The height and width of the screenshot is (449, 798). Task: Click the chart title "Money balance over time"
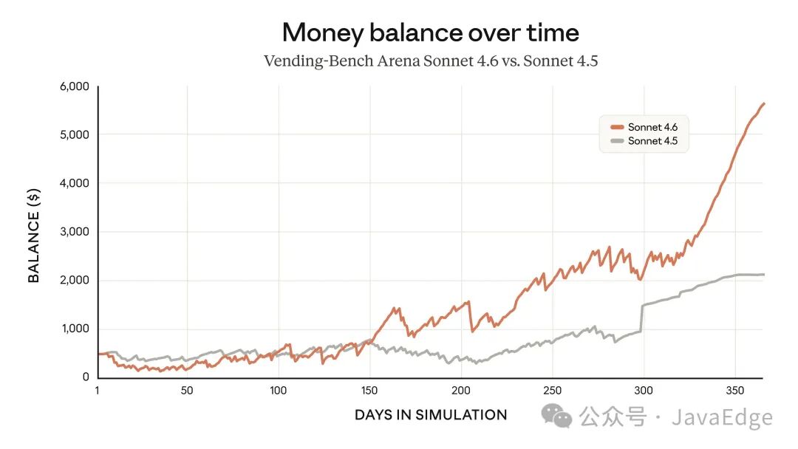pyautogui.click(x=430, y=32)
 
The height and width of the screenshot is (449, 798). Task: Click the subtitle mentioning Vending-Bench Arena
pyautogui.click(x=430, y=61)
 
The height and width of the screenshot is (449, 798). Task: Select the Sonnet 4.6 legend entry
pyautogui.click(x=652, y=127)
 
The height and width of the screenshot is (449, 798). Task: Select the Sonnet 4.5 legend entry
pyautogui.click(x=652, y=141)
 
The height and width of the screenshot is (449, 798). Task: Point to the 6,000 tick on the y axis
pyautogui.click(x=74, y=86)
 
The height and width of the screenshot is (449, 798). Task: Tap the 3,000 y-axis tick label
pyautogui.click(x=74, y=232)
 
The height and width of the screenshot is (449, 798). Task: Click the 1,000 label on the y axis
pyautogui.click(x=74, y=329)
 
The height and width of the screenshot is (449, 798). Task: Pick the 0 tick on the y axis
pyautogui.click(x=85, y=377)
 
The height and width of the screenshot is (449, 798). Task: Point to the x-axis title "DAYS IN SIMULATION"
pyautogui.click(x=430, y=415)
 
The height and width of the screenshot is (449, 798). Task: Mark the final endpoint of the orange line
pyautogui.click(x=764, y=103)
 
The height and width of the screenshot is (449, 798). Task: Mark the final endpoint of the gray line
pyautogui.click(x=764, y=275)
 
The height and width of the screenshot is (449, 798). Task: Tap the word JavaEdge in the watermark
pyautogui.click(x=722, y=418)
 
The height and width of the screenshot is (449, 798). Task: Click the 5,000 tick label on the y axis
pyautogui.click(x=74, y=134)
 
